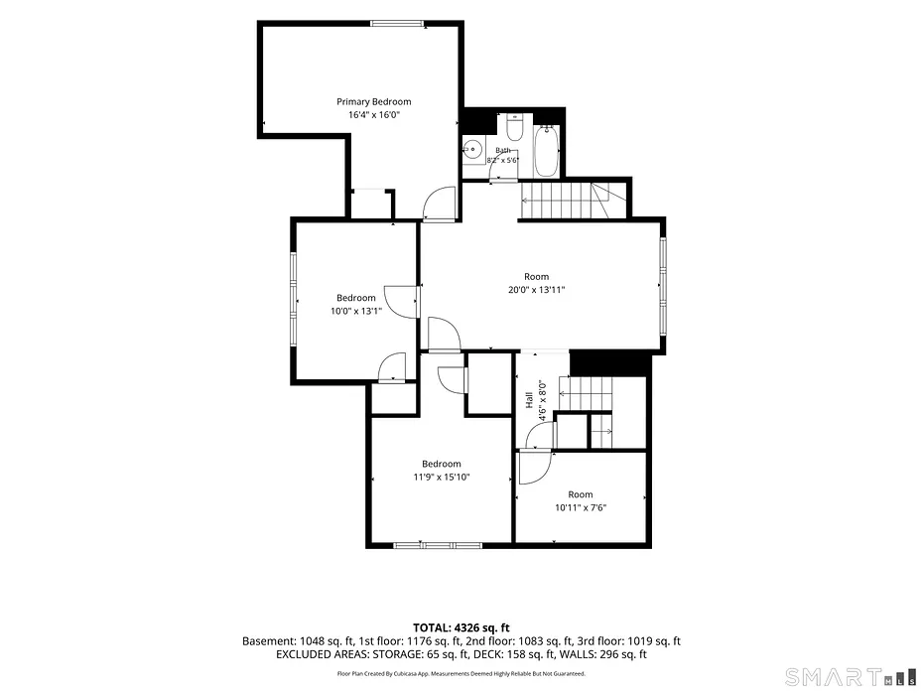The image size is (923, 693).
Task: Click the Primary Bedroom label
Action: point(374,102)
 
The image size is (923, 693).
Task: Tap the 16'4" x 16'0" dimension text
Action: point(374,115)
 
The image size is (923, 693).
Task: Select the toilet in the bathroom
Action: point(514,128)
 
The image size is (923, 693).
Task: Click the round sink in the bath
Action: point(472,150)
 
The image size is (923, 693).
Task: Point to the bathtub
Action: point(546,150)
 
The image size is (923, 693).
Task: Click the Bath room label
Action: point(503,151)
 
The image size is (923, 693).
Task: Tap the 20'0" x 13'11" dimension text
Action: point(536,290)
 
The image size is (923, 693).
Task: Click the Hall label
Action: point(529,400)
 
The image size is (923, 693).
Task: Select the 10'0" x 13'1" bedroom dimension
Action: point(356,311)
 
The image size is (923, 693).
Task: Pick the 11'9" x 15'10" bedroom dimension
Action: point(442,477)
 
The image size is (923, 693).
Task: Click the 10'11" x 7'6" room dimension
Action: point(581,507)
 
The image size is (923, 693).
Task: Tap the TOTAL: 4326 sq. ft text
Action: point(461,627)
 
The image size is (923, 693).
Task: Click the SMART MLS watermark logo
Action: point(851,677)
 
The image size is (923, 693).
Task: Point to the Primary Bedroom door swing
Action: point(439,204)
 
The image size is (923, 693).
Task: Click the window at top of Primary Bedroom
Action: point(397,24)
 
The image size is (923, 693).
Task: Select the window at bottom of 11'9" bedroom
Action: point(438,546)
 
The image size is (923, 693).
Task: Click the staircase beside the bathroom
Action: point(574,201)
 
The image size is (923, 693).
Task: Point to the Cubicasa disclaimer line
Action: point(461,673)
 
